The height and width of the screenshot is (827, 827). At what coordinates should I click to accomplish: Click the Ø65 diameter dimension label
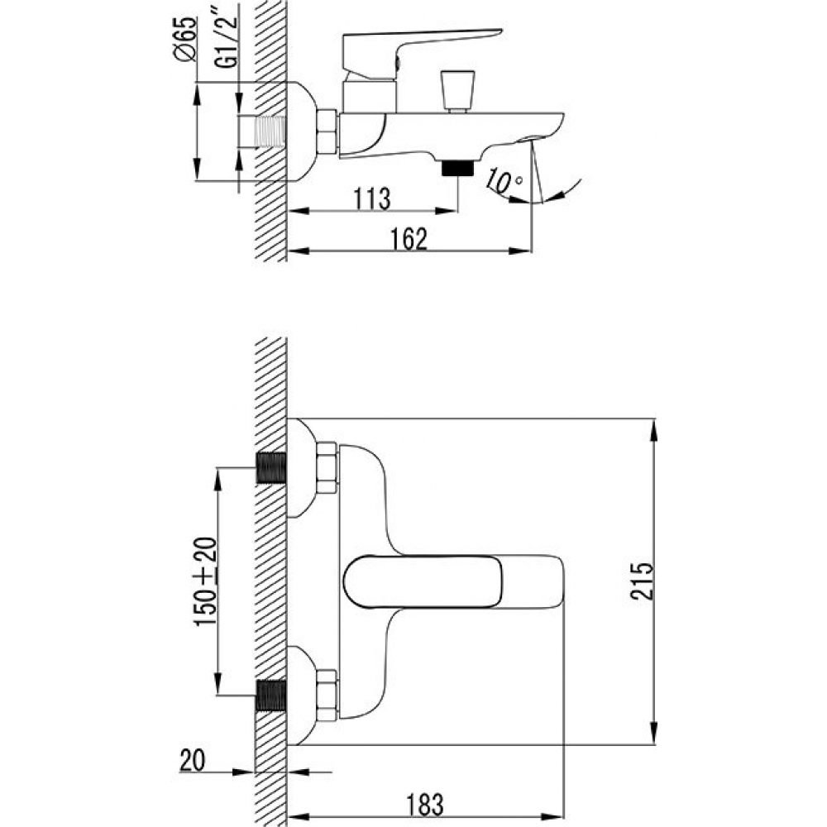click(187, 40)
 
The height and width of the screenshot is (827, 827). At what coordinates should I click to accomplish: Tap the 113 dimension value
click(372, 198)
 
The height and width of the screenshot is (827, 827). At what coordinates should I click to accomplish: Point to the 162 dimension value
click(409, 239)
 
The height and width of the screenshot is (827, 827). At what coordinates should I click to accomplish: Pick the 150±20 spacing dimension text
click(206, 581)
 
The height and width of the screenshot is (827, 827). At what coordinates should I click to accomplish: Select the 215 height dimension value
click(643, 581)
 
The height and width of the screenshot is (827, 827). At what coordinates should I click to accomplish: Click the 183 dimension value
click(425, 805)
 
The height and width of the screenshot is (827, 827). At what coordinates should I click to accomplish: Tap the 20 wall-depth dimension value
click(193, 760)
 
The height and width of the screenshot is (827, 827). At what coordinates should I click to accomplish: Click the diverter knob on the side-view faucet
click(457, 91)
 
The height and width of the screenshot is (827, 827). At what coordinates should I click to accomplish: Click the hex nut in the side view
click(327, 131)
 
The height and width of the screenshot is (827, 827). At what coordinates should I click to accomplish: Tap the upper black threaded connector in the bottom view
click(271, 468)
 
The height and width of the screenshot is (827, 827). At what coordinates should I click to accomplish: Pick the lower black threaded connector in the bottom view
click(271, 696)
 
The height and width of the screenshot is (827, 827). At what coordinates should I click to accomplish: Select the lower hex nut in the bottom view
click(327, 696)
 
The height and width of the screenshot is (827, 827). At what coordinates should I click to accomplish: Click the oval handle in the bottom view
click(423, 581)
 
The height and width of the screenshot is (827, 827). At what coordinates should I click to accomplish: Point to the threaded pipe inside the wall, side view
click(270, 131)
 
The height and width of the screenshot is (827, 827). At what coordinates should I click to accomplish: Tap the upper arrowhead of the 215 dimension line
click(654, 430)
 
